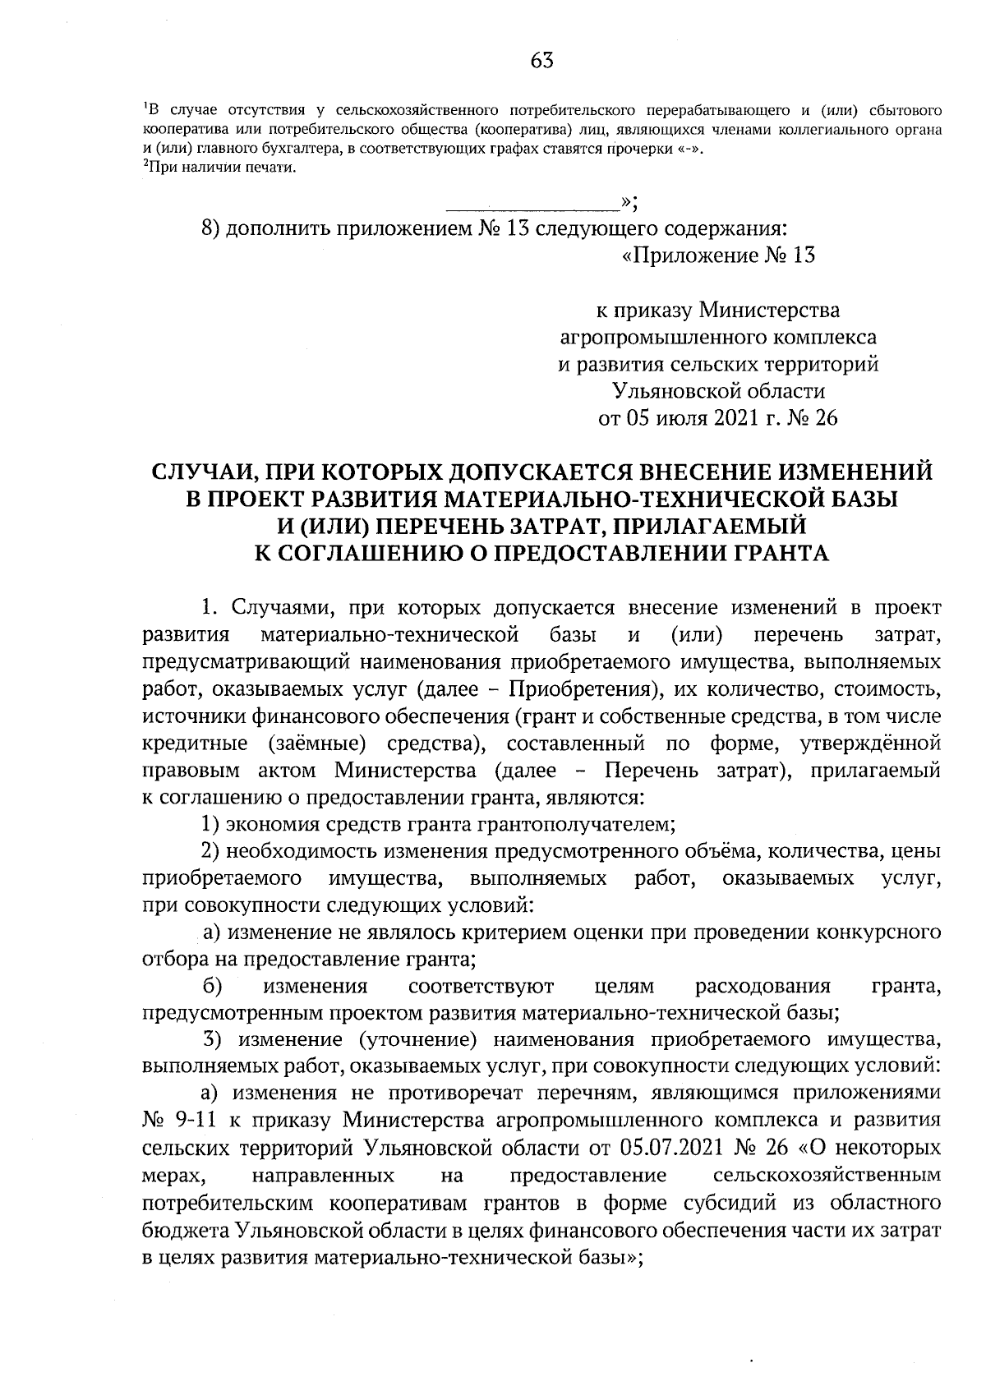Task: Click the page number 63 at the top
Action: [x=542, y=60]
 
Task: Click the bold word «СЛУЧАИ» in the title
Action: [x=198, y=472]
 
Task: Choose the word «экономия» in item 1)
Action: [x=273, y=823]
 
